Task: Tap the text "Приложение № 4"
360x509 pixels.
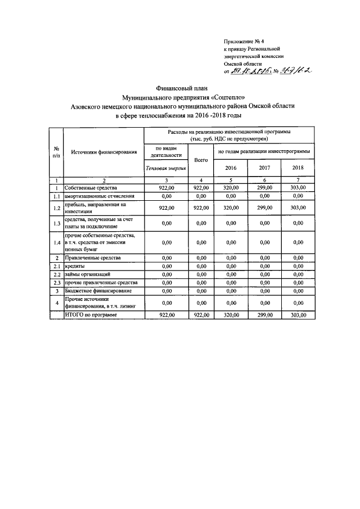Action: coord(243,42)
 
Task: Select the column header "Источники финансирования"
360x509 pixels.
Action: coord(103,152)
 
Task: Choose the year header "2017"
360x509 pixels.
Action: coord(264,168)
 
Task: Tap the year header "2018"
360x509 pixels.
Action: coord(298,168)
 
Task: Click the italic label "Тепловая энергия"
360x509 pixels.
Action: coord(165,168)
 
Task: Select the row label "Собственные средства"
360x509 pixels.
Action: coord(90,187)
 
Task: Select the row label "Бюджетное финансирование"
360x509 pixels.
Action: coord(98,291)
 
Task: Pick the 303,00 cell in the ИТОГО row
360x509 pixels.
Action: coord(298,316)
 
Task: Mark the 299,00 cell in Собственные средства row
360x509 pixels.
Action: coord(264,187)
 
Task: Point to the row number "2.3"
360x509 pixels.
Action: coord(56,282)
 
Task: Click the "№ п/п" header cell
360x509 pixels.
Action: coord(56,152)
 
